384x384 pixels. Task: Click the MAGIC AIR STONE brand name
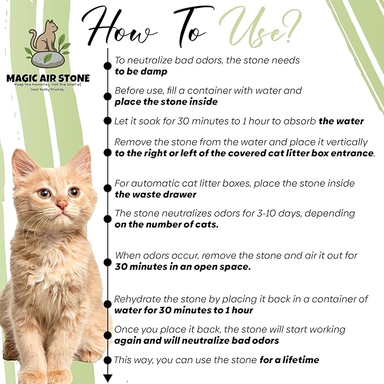[48, 78]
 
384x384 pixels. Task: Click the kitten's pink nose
[61, 205]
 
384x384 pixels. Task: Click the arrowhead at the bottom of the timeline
[107, 378]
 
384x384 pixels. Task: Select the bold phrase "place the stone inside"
[166, 102]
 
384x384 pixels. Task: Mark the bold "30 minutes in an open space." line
[182, 266]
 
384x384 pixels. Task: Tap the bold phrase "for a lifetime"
[289, 360]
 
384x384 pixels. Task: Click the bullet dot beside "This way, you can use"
[107, 360]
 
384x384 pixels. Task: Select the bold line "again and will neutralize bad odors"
[196, 340]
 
